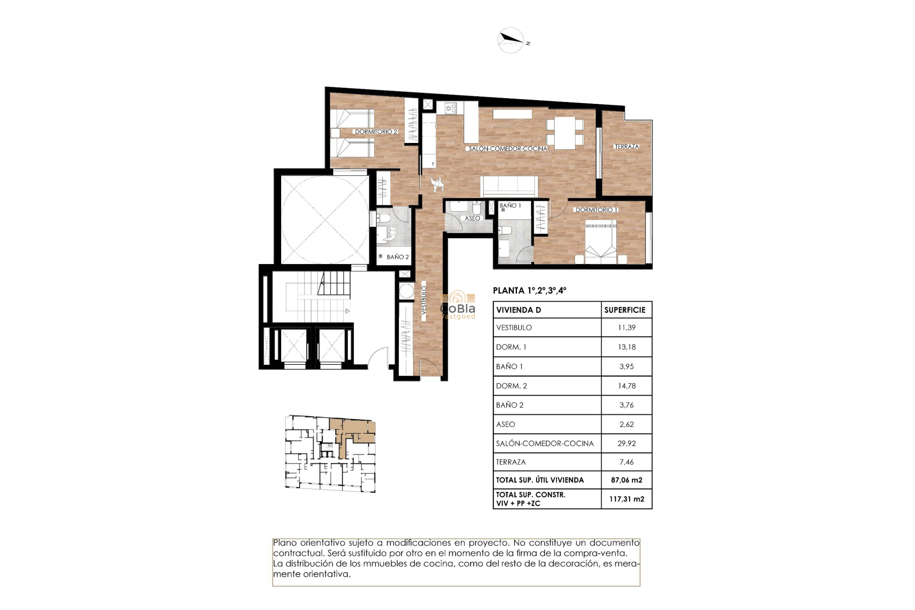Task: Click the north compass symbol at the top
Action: [511, 40]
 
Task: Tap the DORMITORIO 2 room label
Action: [376, 132]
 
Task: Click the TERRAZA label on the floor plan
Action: [626, 146]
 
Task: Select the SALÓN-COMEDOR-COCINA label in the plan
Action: [508, 149]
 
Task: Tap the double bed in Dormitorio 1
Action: [600, 242]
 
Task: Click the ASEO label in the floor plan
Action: [472, 218]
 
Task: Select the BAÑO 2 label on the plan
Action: [397, 257]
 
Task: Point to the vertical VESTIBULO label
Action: [424, 300]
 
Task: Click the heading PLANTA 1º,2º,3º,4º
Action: [529, 290]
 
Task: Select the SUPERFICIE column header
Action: [625, 310]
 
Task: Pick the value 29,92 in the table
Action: [626, 443]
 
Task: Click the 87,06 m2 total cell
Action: [626, 480]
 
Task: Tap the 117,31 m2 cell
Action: [626, 499]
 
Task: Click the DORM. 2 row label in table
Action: [511, 386]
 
